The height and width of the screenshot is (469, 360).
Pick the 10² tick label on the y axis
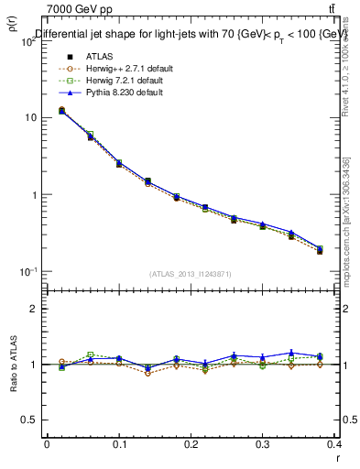[28, 41]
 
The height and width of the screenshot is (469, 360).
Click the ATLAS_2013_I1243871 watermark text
[191, 274]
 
